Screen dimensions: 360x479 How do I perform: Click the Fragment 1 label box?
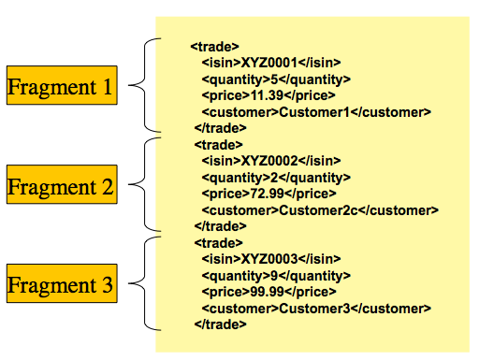[61, 88]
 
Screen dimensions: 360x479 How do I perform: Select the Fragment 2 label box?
[61, 186]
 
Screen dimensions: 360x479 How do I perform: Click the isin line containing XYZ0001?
[271, 62]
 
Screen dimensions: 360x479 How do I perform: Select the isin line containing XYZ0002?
[271, 161]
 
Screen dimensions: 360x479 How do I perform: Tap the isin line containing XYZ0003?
[271, 259]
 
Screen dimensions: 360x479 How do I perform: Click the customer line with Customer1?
[316, 111]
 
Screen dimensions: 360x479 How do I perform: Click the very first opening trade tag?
[215, 45]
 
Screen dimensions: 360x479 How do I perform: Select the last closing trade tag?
[220, 324]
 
